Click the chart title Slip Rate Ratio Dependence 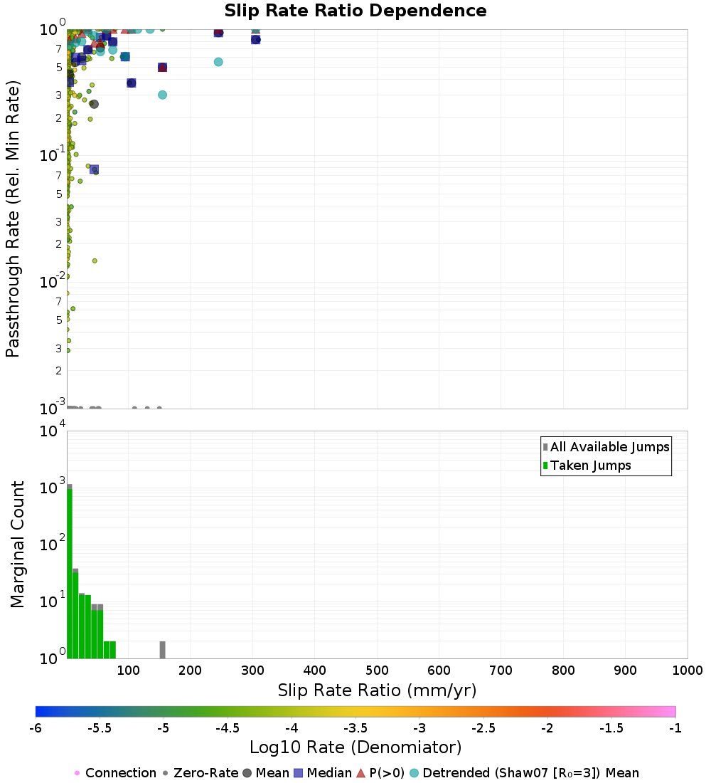pyautogui.click(x=355, y=11)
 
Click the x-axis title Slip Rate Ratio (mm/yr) pyautogui.click(x=377, y=690)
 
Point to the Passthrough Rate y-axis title pyautogui.click(x=13, y=219)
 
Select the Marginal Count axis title pyautogui.click(x=17, y=545)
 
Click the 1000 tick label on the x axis pyautogui.click(x=687, y=671)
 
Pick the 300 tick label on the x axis pyautogui.click(x=252, y=671)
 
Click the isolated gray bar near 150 pyautogui.click(x=162, y=650)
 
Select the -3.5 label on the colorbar pyautogui.click(x=355, y=727)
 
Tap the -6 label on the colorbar pyautogui.click(x=36, y=727)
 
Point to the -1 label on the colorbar pyautogui.click(x=675, y=727)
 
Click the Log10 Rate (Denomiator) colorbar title pyautogui.click(x=355, y=747)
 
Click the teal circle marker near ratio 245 pyautogui.click(x=218, y=62)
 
